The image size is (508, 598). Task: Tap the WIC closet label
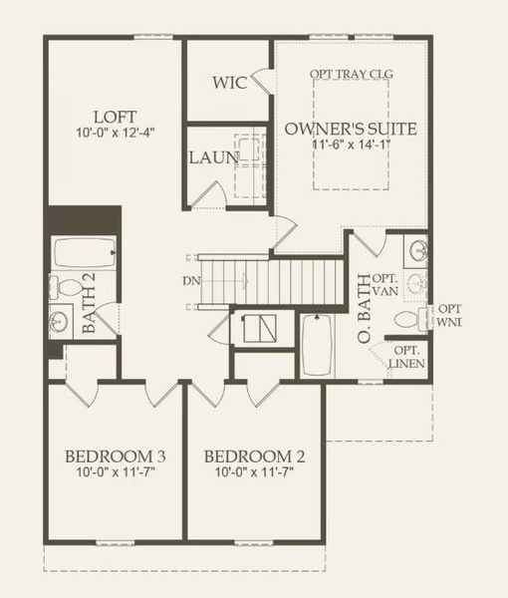click(229, 81)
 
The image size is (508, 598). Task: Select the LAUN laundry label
click(213, 158)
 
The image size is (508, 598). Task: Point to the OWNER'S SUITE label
click(351, 129)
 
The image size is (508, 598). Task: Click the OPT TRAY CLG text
click(352, 74)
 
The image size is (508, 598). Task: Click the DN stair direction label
click(191, 280)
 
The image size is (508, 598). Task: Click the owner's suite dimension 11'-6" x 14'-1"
click(351, 146)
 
